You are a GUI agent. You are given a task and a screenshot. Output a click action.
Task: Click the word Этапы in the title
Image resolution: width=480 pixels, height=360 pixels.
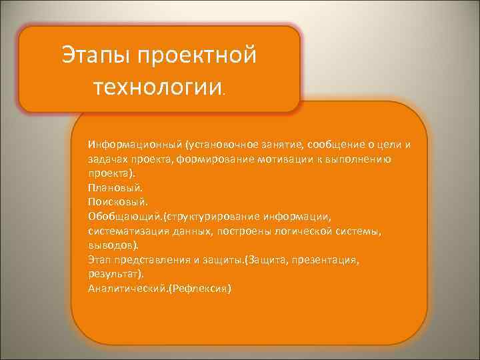click(96, 55)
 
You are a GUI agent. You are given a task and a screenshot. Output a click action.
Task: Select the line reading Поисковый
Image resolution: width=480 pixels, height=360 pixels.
click(114, 201)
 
